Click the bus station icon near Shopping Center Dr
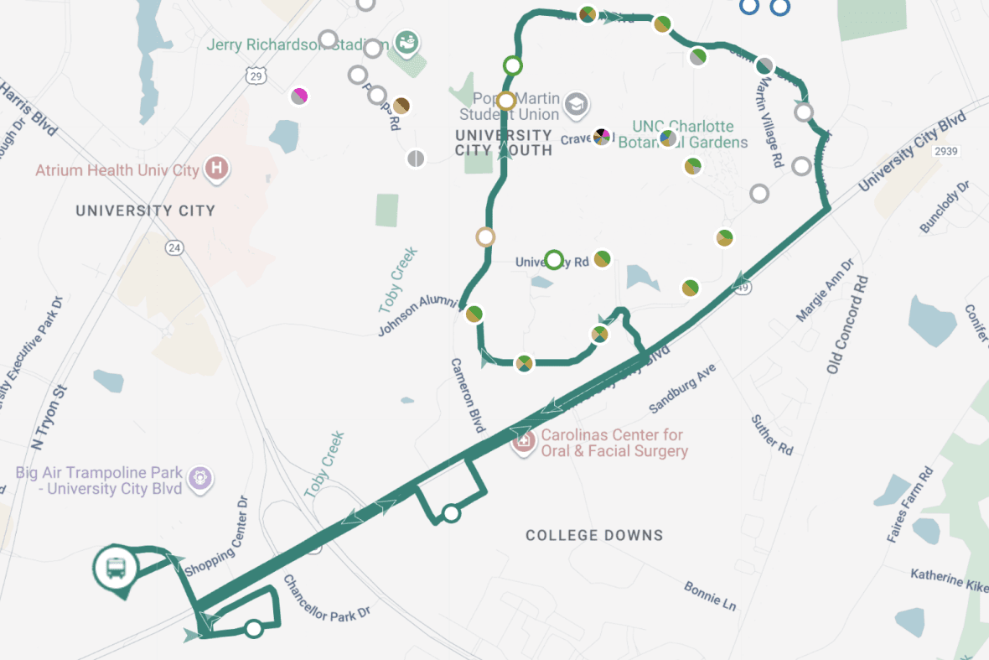[x=116, y=568]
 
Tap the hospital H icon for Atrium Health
[x=217, y=168]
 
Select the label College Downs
[x=593, y=535]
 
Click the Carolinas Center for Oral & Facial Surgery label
[x=613, y=443]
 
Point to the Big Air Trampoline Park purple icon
[x=199, y=478]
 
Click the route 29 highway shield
[x=256, y=75]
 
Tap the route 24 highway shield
[x=173, y=247]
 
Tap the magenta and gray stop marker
[x=299, y=96]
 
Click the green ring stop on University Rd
[x=553, y=259]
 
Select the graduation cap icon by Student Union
[x=576, y=105]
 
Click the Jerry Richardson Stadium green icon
[x=407, y=43]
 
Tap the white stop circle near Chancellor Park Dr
[x=254, y=628]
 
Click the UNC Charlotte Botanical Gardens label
[x=682, y=134]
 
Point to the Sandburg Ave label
[x=682, y=388]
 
